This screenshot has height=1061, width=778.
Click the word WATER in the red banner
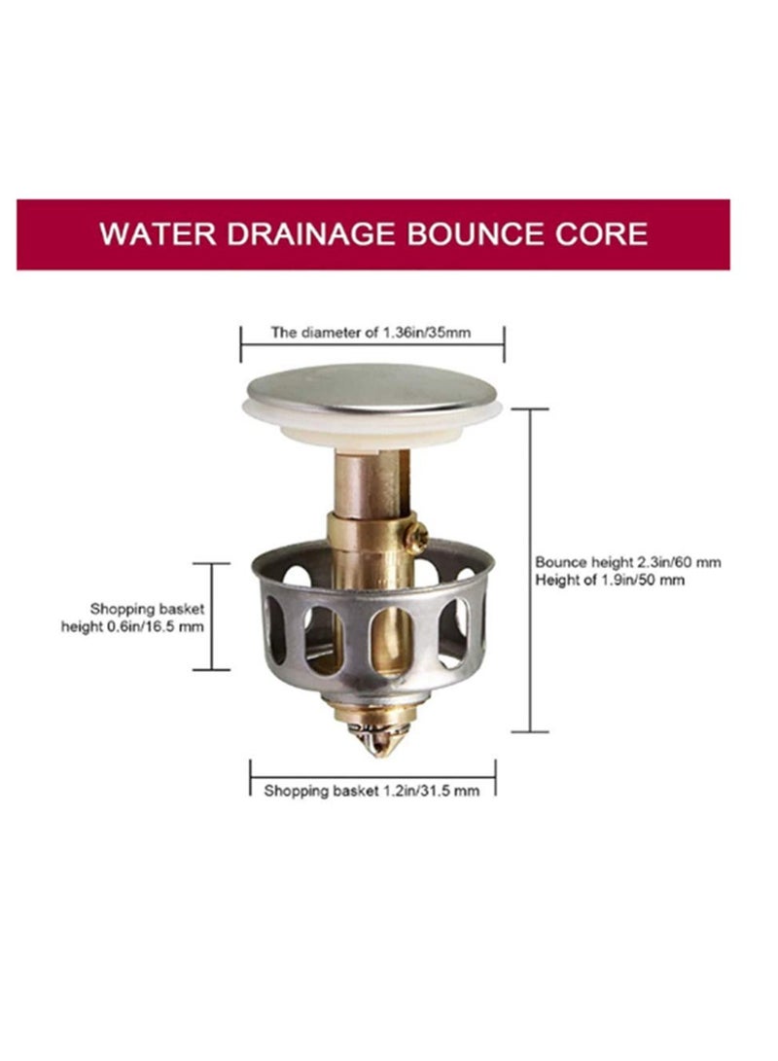point(158,233)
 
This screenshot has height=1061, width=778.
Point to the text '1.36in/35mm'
point(427,333)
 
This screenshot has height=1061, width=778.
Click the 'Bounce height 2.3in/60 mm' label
point(628,562)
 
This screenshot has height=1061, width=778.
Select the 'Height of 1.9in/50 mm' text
point(610,580)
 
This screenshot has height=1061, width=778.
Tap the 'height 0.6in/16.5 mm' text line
point(132,626)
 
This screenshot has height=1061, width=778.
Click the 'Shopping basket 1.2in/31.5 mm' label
point(371,791)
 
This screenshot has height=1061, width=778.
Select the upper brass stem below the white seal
point(372,482)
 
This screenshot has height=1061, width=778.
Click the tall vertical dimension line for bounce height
point(530,571)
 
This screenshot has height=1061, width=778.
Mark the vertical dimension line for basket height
point(212,617)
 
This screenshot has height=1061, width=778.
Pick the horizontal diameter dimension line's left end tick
point(241,343)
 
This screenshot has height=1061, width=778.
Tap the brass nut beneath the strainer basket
point(371,711)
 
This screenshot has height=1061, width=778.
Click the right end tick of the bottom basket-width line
point(495,777)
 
